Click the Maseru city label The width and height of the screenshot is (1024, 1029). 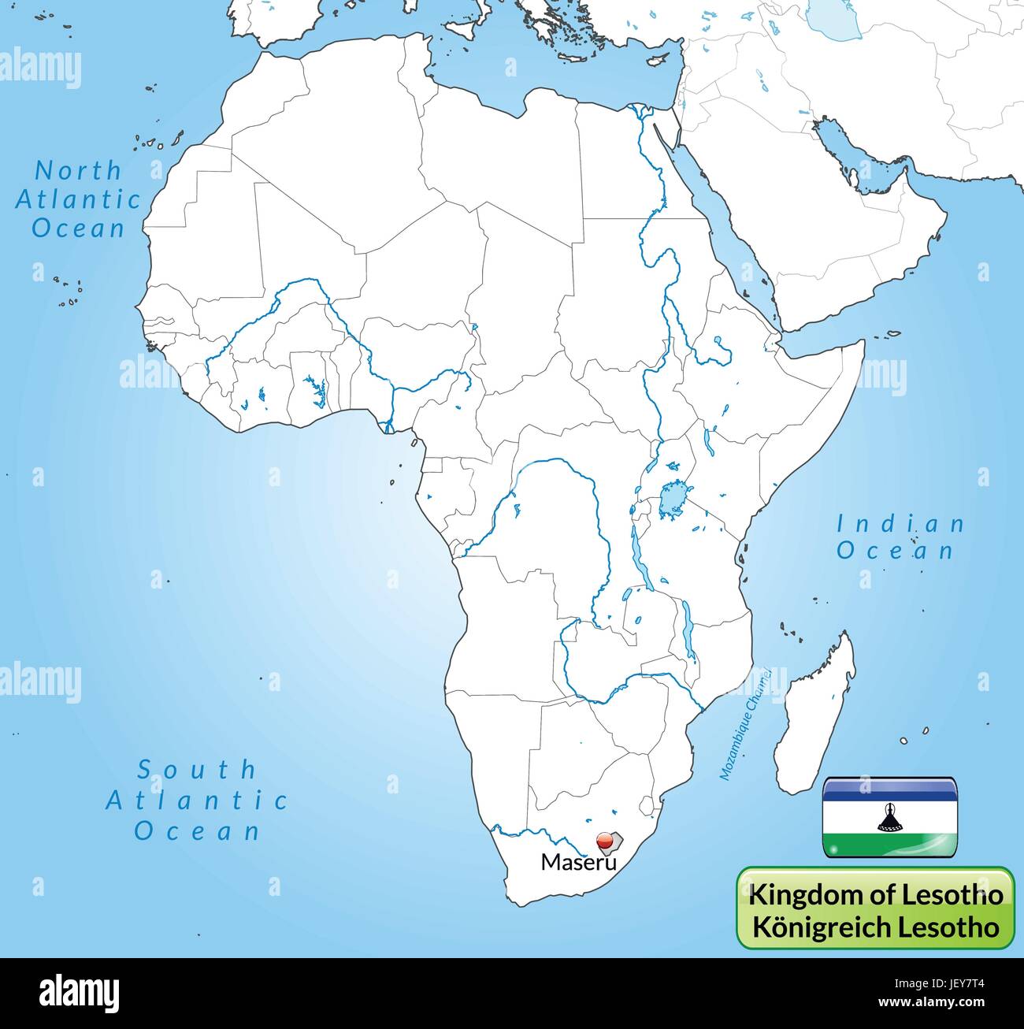[576, 863]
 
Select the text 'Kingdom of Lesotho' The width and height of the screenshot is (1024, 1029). [875, 894]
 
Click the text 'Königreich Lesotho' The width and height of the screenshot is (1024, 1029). [875, 926]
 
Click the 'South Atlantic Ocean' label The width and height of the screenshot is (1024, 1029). [197, 800]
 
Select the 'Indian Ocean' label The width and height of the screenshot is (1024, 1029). [900, 537]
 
